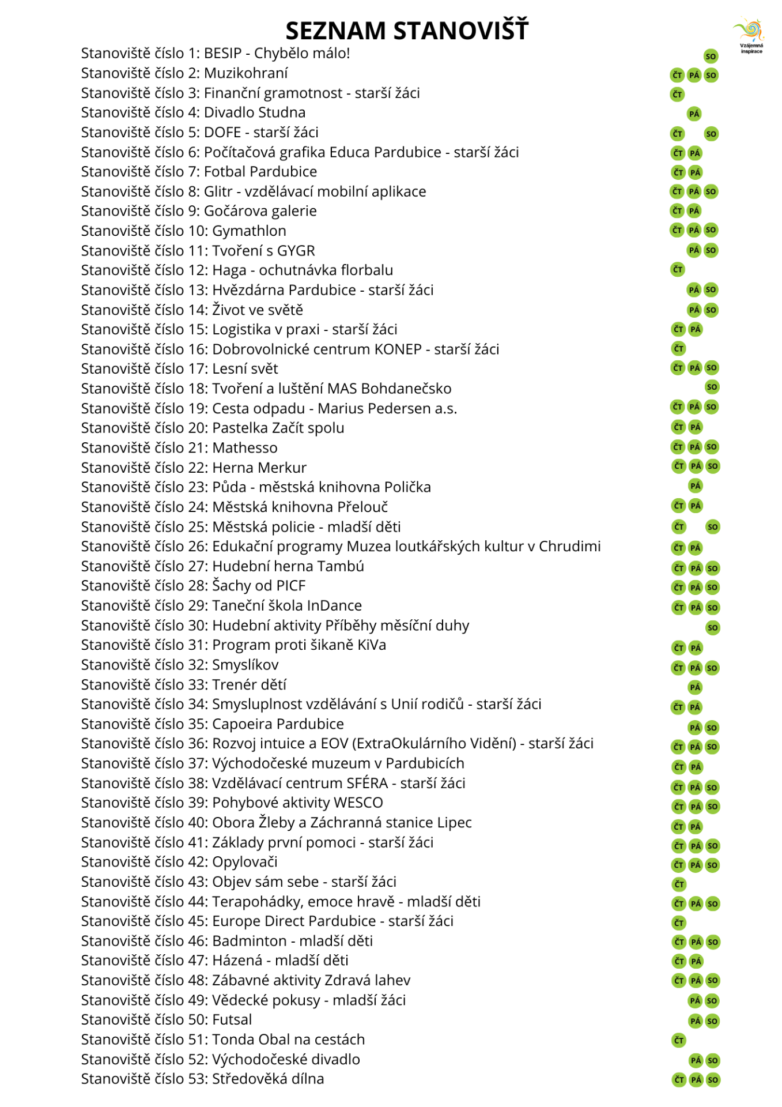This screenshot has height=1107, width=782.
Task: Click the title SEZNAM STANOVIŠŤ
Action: click(406, 31)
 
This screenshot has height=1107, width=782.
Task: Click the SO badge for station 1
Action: click(711, 56)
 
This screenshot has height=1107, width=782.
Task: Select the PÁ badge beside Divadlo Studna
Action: click(694, 114)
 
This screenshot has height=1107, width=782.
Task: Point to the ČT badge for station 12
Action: click(677, 269)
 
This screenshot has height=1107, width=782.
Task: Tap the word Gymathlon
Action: click(249, 231)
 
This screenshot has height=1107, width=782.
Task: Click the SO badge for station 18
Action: click(712, 387)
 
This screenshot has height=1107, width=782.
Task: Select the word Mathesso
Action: click(245, 448)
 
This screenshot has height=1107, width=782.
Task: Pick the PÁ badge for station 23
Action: click(696, 485)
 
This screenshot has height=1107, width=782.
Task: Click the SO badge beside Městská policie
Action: click(712, 526)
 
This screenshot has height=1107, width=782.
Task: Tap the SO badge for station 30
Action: click(713, 627)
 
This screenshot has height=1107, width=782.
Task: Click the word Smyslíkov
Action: click(245, 665)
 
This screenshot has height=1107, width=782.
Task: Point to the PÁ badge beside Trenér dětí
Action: click(695, 687)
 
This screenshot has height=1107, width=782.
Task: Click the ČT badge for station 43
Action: click(679, 884)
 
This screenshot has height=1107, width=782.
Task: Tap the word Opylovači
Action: click(245, 862)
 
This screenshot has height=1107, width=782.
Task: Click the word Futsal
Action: click(232, 1020)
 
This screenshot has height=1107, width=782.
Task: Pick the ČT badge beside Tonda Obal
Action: click(679, 1040)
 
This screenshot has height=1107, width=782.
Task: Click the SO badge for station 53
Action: click(713, 1080)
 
